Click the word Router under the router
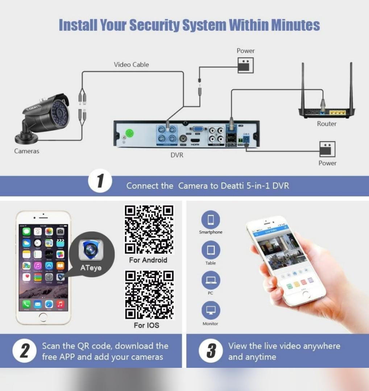click(327, 124)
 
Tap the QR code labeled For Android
click(149, 230)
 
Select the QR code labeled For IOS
click(149, 295)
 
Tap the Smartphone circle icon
click(211, 219)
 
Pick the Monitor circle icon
click(211, 311)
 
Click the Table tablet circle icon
click(211, 250)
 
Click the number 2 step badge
click(25, 351)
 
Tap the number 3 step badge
click(211, 351)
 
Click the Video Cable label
click(131, 65)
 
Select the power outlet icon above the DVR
click(245, 65)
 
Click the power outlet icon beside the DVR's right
click(327, 149)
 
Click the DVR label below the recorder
click(177, 155)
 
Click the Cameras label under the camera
click(27, 151)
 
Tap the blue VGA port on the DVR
click(198, 129)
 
